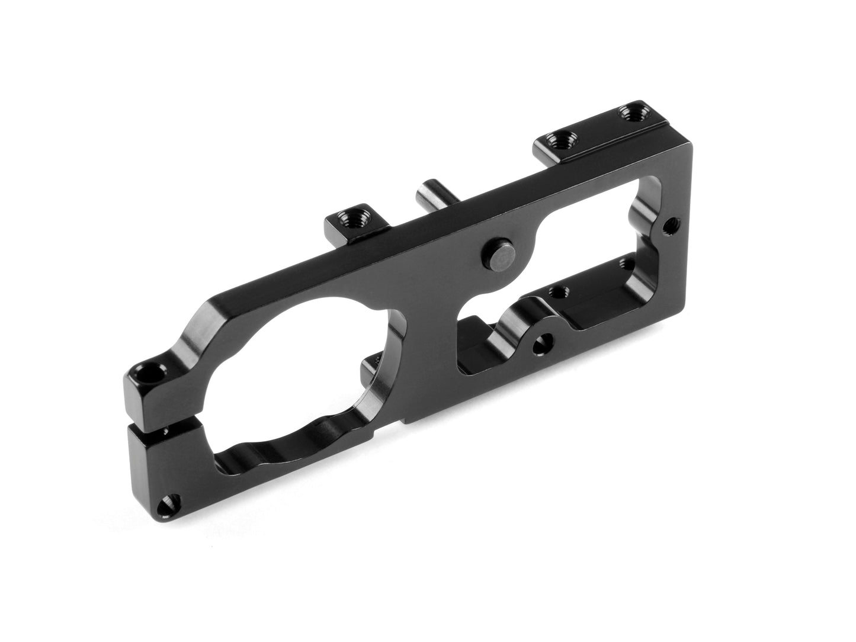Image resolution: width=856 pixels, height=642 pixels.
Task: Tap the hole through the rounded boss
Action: pos(540,342)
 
